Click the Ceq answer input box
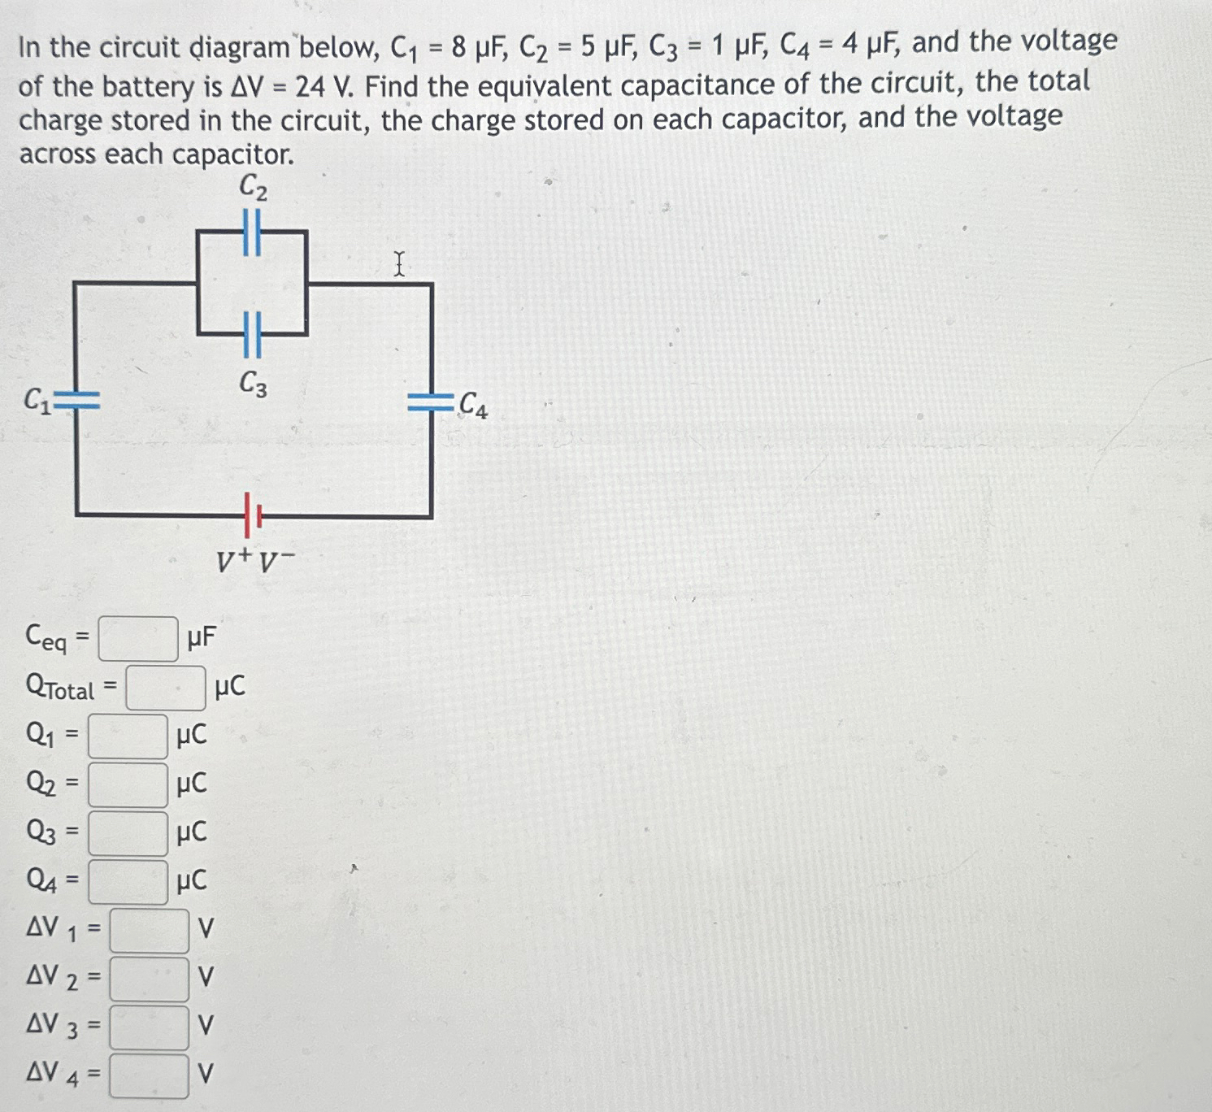click(x=138, y=639)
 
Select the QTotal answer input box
click(x=165, y=688)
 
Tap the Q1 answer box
click(x=128, y=736)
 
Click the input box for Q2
click(x=128, y=785)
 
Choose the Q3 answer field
click(x=128, y=834)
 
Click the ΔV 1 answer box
click(x=150, y=931)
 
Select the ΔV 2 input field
click(x=150, y=979)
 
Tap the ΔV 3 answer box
click(x=150, y=1027)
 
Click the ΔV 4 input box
click(x=150, y=1075)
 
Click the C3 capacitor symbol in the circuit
click(x=252, y=334)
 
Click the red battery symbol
click(x=251, y=514)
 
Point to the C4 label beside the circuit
click(x=473, y=405)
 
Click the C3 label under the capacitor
click(x=253, y=384)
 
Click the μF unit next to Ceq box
click(x=201, y=638)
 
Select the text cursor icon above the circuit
click(x=399, y=264)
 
